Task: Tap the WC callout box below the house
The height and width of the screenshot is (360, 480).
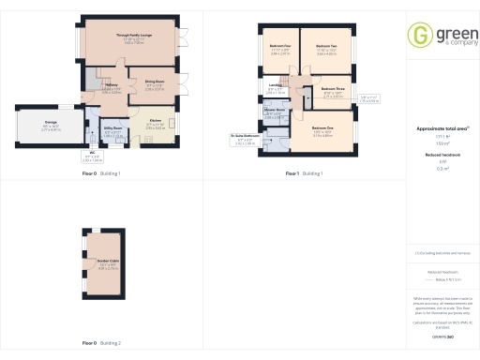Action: pyautogui.click(x=93, y=158)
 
